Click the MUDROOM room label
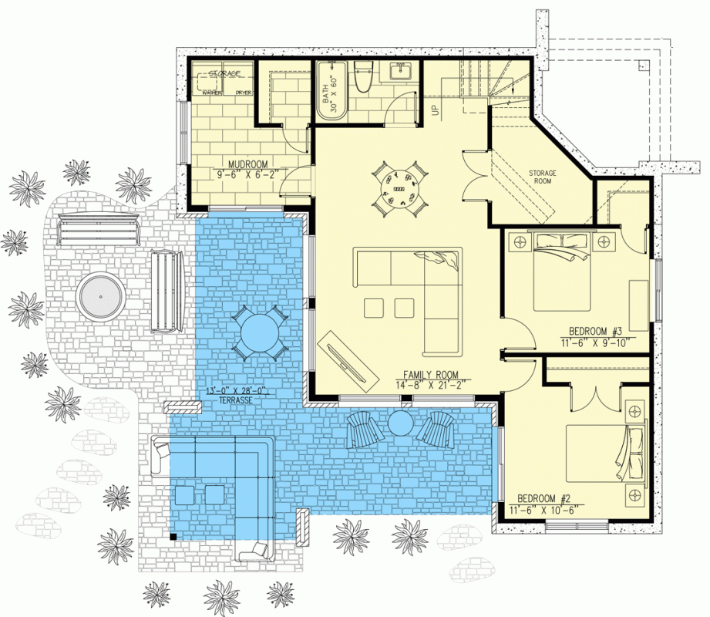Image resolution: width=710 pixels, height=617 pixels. click(247, 164)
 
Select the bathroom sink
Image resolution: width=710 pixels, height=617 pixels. click(401, 73)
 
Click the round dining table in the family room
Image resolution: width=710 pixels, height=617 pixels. click(399, 187)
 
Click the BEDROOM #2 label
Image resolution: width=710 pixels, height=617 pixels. click(546, 497)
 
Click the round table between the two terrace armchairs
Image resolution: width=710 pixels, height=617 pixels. click(402, 423)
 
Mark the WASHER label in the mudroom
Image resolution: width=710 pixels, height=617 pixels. click(212, 93)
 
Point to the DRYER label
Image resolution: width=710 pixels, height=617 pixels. click(243, 93)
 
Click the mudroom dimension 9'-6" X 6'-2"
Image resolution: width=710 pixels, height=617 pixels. click(247, 175)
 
